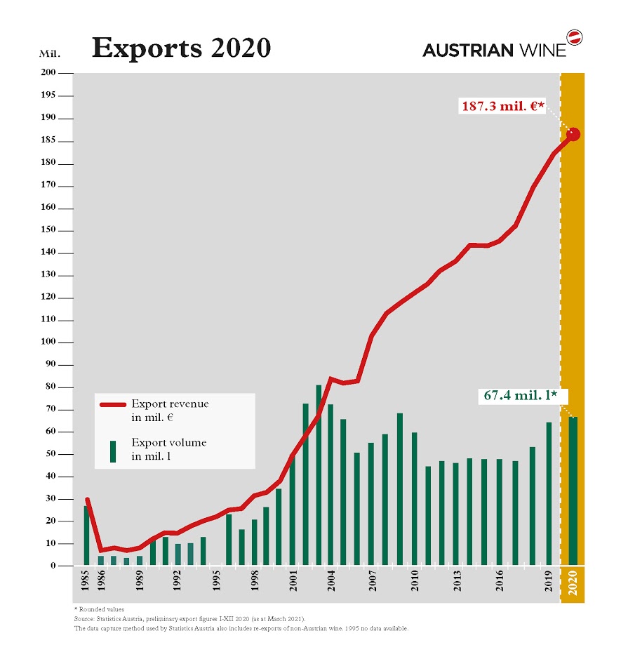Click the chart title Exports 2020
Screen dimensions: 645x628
click(181, 48)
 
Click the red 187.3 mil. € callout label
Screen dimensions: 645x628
click(502, 106)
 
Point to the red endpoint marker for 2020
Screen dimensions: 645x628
click(573, 134)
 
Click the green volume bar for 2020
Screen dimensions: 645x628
click(573, 491)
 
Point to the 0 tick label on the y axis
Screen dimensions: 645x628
click(53, 566)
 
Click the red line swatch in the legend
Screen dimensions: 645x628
click(112, 405)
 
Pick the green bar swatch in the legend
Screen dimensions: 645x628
click(112, 451)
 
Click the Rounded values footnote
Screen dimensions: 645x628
click(100, 609)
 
